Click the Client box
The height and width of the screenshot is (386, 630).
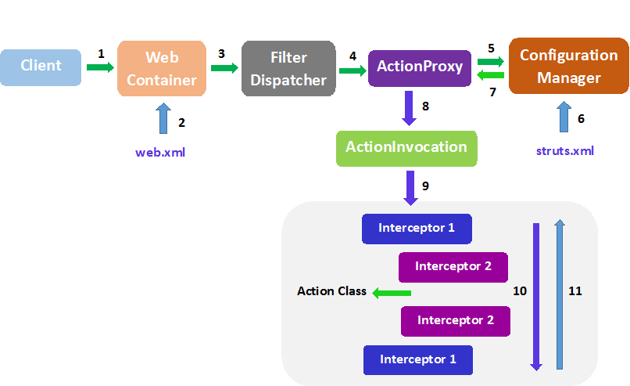41,67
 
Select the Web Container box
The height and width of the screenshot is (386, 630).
162,68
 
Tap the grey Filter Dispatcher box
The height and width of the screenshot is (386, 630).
288,68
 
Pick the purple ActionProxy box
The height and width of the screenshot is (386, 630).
420,68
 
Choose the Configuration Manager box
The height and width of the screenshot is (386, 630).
568,66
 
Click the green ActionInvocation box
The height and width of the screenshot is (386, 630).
406,149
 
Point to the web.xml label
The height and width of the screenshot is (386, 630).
160,153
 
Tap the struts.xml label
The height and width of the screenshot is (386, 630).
565,151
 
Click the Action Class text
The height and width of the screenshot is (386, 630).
331,291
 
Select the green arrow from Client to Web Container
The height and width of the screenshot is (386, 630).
101,67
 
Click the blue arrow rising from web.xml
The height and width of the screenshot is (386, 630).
163,118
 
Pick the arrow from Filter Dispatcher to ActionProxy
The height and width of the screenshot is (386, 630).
353,70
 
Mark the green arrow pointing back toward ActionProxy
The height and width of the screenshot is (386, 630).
491,75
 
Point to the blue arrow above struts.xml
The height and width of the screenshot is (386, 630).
564,117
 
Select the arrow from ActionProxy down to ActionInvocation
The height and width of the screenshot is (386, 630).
409,108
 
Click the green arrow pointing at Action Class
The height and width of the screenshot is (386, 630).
392,293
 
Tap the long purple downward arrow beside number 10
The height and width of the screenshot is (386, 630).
536,297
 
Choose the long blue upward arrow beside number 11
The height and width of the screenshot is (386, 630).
560,294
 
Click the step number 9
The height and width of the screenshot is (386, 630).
425,186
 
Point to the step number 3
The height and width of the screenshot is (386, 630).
221,54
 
